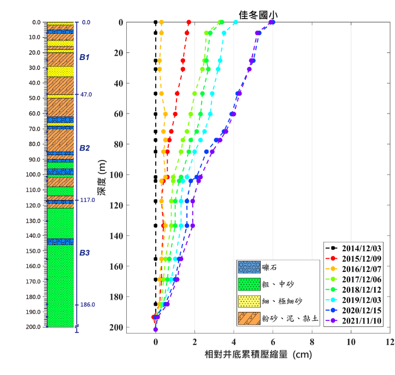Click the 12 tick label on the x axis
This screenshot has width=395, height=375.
(390, 343)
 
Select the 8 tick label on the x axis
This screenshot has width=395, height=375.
(312, 343)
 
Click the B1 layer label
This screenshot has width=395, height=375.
(84, 57)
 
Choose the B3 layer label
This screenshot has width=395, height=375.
(84, 253)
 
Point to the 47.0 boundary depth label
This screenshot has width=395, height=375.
(86, 94)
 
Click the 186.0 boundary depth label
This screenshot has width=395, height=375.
(88, 305)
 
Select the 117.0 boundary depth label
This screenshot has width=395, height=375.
(88, 200)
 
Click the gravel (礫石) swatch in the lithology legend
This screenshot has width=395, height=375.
(247, 267)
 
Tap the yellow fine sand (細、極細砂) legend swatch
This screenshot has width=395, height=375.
(247, 301)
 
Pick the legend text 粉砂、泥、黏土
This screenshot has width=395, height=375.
(288, 318)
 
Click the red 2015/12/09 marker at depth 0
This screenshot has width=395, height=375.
(189, 22)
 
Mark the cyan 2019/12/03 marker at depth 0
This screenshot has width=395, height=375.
(235, 22)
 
